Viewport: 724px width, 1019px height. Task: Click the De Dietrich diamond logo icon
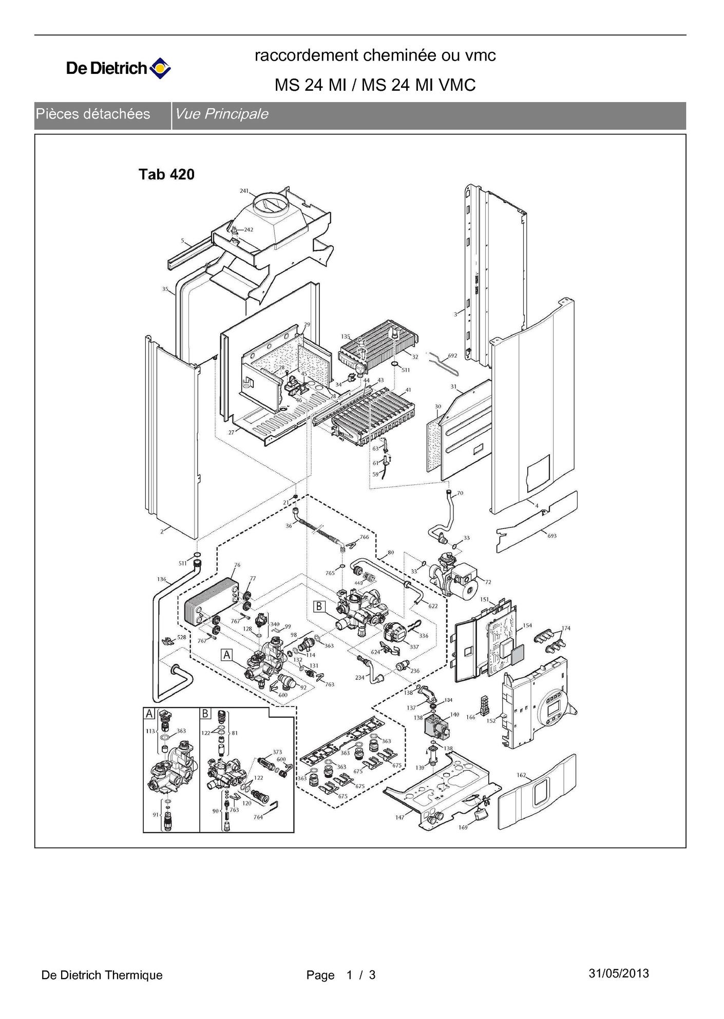pyautogui.click(x=160, y=68)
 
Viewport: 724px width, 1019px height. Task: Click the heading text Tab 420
pyautogui.click(x=166, y=174)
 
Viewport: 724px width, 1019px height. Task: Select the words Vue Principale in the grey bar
pyautogui.click(x=221, y=114)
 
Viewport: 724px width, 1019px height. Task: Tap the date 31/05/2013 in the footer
pyautogui.click(x=619, y=973)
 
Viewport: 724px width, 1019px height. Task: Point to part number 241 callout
pyautogui.click(x=244, y=191)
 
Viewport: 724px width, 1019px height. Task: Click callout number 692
pyautogui.click(x=452, y=355)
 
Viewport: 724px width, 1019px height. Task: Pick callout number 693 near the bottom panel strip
pyautogui.click(x=552, y=536)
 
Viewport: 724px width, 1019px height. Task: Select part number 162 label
pyautogui.click(x=521, y=775)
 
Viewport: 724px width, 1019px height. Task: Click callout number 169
pyautogui.click(x=463, y=827)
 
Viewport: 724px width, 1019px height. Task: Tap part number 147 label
pyautogui.click(x=399, y=817)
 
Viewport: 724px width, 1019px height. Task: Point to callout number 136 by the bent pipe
pyautogui.click(x=162, y=579)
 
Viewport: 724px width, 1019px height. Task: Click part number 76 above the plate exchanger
pyautogui.click(x=237, y=565)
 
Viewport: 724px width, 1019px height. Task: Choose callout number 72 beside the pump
pyautogui.click(x=488, y=582)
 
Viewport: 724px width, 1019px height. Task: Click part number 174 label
pyautogui.click(x=565, y=628)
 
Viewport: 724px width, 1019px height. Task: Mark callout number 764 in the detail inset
pyautogui.click(x=258, y=817)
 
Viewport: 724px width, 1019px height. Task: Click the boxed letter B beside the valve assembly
pyautogui.click(x=319, y=606)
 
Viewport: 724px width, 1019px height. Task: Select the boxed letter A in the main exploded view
pyautogui.click(x=227, y=655)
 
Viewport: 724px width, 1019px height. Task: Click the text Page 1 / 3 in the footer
pyautogui.click(x=341, y=975)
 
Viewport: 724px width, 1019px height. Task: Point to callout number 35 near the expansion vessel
pyautogui.click(x=165, y=289)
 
